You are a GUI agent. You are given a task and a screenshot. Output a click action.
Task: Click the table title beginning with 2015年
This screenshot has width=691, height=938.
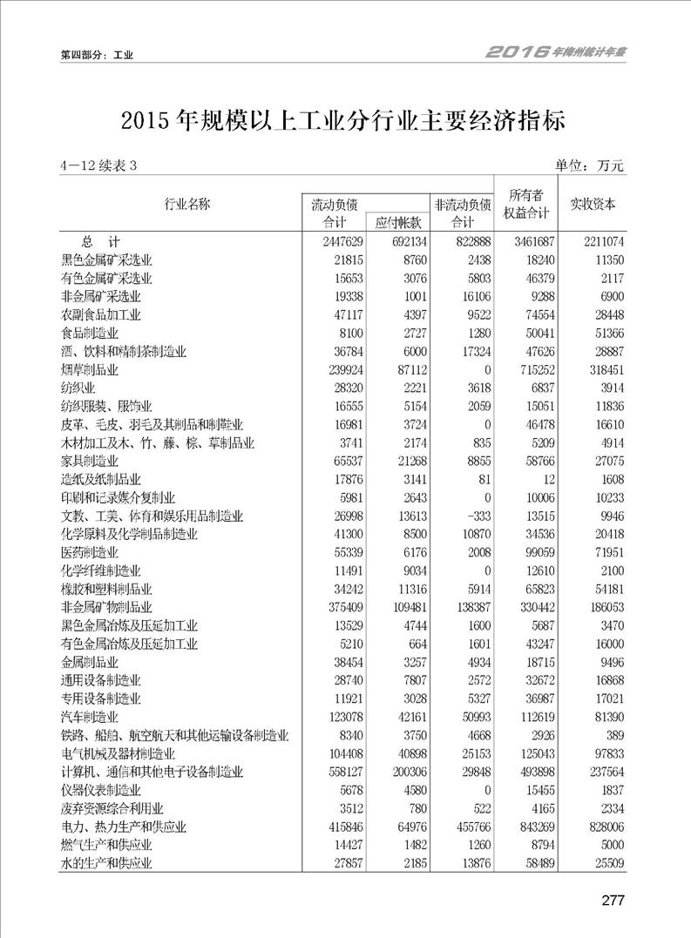[x=344, y=120]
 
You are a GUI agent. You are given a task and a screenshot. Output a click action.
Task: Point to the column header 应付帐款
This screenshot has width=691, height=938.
[x=398, y=223]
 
